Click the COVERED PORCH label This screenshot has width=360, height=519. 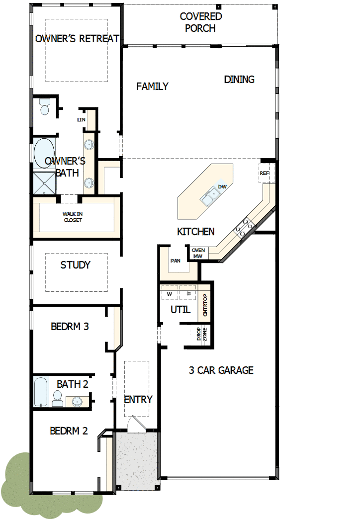coord(200,22)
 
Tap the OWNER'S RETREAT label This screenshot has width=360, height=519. coord(77,38)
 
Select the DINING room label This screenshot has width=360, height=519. coord(239,79)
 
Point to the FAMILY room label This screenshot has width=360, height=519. coord(152,86)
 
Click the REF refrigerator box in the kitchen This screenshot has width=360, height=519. coord(265,173)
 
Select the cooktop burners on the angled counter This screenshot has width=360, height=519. coord(244,227)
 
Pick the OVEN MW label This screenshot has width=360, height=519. coord(198,253)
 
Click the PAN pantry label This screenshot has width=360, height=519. coord(175,260)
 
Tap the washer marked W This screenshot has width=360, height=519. coord(169,293)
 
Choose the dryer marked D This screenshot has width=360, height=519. coord(188,293)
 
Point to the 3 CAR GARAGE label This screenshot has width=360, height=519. coord(221,370)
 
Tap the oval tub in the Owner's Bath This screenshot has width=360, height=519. coord(44,153)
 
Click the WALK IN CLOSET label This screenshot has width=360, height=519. coord(73,217)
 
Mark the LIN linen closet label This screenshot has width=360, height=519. coord(81,120)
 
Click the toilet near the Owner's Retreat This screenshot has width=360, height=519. coord(45,106)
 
